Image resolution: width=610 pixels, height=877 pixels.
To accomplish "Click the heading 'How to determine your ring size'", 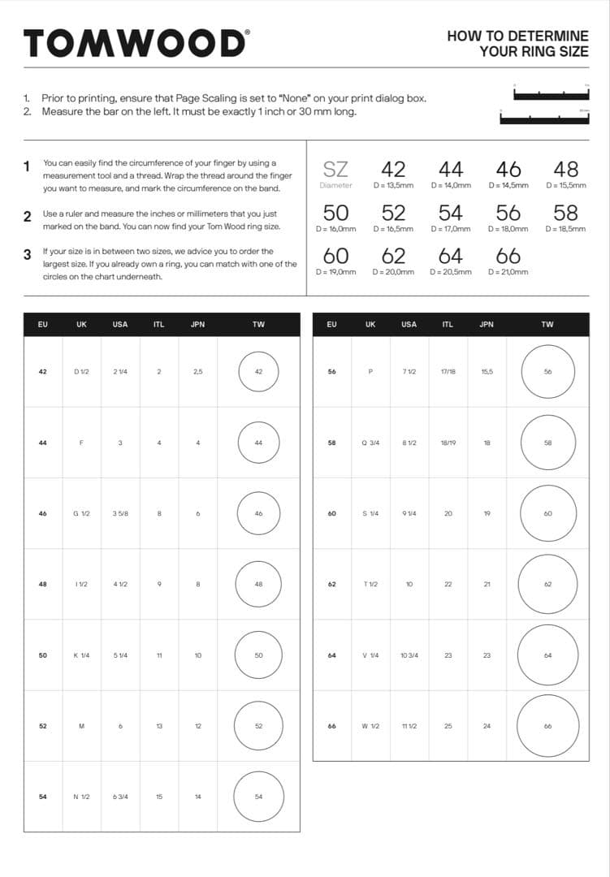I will click(517, 44).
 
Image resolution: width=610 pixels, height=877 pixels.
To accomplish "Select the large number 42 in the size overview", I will click(393, 169).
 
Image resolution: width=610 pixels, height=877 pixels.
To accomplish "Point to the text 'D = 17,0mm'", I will click(451, 229).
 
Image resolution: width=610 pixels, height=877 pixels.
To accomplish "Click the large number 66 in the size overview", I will click(508, 256).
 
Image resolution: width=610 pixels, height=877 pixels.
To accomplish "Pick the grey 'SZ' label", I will click(335, 169).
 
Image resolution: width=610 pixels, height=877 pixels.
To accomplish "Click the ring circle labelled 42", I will click(258, 371).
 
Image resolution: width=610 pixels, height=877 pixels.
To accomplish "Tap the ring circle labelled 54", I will click(258, 797).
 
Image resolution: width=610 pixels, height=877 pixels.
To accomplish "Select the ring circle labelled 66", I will click(547, 726).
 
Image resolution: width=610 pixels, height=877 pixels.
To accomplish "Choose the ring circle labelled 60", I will click(547, 513).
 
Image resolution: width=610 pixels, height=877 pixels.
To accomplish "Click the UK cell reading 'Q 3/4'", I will click(370, 443).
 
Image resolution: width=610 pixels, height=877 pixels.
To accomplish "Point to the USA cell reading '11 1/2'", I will click(409, 726).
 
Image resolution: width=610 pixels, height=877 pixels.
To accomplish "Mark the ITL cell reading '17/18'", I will click(448, 371).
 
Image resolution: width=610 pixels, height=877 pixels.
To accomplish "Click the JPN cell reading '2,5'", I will click(197, 371).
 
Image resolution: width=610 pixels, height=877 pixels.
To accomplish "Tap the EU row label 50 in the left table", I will click(42, 655).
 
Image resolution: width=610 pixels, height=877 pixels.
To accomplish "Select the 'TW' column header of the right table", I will click(547, 324).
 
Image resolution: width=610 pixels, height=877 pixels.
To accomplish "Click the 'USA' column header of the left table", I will click(120, 324).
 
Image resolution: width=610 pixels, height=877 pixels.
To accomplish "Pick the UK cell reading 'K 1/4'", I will click(81, 655).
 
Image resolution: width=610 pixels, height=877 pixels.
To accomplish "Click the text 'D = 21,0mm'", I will click(508, 272).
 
